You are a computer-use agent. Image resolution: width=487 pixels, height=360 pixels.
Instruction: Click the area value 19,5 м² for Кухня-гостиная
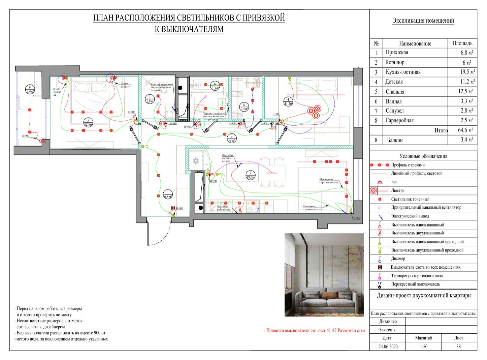(x=467, y=72)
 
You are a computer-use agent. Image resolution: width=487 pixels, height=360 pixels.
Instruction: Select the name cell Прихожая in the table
(x=397, y=53)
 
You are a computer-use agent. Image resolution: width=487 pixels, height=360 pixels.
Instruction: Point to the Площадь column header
(x=462, y=43)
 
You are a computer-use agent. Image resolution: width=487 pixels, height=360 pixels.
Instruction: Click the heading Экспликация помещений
(x=423, y=21)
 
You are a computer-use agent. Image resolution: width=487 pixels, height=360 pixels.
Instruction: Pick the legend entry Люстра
(x=397, y=190)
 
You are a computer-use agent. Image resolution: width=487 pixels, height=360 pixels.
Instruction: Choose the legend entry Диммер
(x=398, y=259)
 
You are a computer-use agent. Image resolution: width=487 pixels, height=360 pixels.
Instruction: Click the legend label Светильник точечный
(x=410, y=199)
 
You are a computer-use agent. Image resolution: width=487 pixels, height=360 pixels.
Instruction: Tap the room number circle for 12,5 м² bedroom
(x=88, y=123)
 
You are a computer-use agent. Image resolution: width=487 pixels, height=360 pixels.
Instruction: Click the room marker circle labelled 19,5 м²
(x=250, y=175)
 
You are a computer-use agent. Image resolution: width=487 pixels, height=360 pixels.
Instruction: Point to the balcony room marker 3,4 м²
(x=30, y=89)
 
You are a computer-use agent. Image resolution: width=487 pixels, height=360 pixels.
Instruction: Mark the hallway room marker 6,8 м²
(x=167, y=194)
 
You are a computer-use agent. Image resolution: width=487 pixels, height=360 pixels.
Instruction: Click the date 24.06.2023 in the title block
(x=388, y=347)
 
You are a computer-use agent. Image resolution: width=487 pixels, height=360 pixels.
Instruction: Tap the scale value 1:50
(x=423, y=347)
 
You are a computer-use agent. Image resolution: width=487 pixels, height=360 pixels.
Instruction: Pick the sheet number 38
(x=458, y=347)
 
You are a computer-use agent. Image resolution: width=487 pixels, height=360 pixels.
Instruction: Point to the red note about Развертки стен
(x=314, y=331)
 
